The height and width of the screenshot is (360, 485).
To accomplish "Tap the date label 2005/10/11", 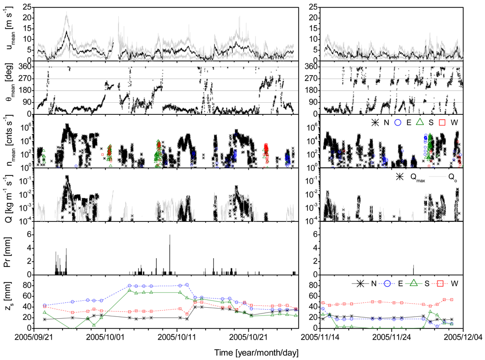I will pos(178,335).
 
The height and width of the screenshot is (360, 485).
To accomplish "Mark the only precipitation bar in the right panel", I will pos(413,270).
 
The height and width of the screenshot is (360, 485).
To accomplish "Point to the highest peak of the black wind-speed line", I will pos(67,32).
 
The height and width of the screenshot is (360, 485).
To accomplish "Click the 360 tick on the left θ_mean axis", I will pos(36,67).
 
